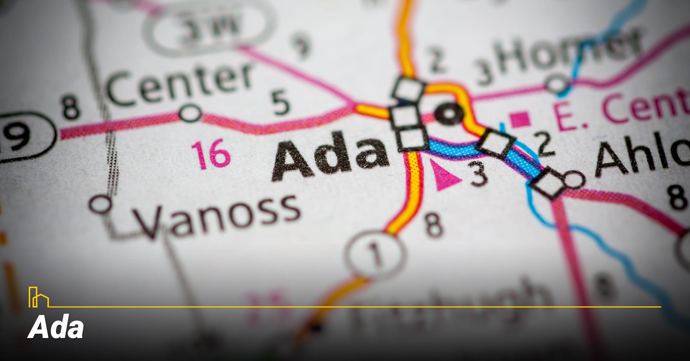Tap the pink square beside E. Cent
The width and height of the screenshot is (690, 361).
coord(520,120)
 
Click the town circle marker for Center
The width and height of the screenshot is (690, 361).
coord(190,113)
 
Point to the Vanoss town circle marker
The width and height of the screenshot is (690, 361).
coord(101,204)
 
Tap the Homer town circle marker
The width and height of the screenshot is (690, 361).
coord(557,84)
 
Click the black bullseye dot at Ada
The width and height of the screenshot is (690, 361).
coord(449,113)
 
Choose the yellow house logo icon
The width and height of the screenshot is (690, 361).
coord(38,297)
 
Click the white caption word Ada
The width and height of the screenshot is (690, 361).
coord(56,328)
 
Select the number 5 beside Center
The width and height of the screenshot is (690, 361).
coord(280,102)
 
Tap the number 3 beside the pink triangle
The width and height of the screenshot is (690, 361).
coord(479,173)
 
